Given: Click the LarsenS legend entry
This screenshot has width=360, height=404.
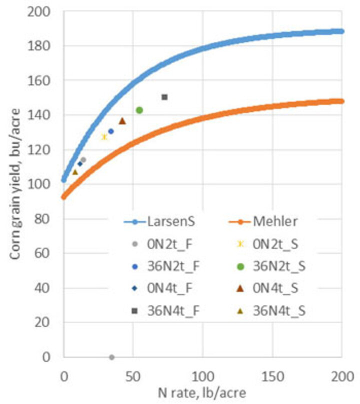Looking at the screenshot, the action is [159, 221].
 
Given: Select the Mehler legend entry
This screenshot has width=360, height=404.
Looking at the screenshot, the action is [263, 221].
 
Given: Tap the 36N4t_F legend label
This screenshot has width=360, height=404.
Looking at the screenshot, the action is [173, 311].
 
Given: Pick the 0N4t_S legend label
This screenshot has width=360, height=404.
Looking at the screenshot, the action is [275, 288].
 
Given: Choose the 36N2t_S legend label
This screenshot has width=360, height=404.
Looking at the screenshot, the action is [279, 266].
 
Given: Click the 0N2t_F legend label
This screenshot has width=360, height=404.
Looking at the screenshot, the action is [170, 244].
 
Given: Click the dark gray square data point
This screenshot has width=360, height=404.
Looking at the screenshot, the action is [164, 97].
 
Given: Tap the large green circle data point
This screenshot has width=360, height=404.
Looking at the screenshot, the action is [139, 110].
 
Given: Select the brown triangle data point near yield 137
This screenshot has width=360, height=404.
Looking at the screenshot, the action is [122, 120].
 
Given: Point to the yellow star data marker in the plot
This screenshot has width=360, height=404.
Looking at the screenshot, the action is [104, 137].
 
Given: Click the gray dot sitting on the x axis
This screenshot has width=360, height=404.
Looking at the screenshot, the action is [111, 357].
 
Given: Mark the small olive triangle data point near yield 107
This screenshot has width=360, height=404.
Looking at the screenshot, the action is [75, 172].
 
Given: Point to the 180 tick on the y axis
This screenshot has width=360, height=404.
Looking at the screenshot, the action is [38, 46].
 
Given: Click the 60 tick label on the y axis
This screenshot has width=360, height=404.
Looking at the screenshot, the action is [42, 253].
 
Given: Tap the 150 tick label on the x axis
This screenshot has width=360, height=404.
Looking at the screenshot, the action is [273, 376].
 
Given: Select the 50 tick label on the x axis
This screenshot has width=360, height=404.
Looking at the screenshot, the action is [133, 376].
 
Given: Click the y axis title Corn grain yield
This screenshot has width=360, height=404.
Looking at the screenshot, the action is [15, 184].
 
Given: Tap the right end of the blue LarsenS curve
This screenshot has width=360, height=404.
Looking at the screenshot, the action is [341, 31].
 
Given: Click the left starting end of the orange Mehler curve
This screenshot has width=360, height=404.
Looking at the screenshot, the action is [63, 197].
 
